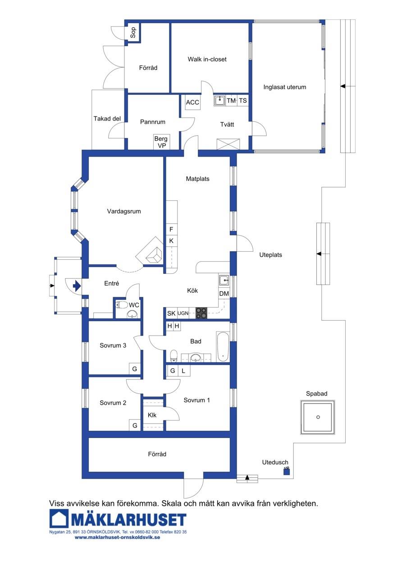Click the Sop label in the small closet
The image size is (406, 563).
pyautogui.click(x=133, y=32)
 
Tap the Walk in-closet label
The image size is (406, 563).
pyautogui.click(x=207, y=59)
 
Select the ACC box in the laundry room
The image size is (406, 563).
pyautogui.click(x=192, y=102)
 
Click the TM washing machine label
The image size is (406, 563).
pyautogui.click(x=231, y=101)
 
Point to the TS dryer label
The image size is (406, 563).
pyautogui.click(x=242, y=101)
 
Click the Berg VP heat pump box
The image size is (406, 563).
pyautogui.click(x=161, y=142)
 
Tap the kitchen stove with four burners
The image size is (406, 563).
pyautogui.click(x=201, y=313)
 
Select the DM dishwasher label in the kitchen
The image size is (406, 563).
pyautogui.click(x=224, y=294)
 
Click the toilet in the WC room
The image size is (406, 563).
pyautogui.click(x=122, y=305)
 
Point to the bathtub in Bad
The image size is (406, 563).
pyautogui.click(x=223, y=347)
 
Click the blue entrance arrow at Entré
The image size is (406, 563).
pyautogui.click(x=77, y=286)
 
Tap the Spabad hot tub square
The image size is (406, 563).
pyautogui.click(x=318, y=417)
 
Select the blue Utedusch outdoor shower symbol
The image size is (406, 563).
pyautogui.click(x=287, y=471)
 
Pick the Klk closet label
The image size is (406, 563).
pyautogui.click(x=152, y=415)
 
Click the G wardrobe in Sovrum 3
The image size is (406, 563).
pyautogui.click(x=135, y=369)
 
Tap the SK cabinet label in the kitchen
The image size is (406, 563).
pyautogui.click(x=171, y=314)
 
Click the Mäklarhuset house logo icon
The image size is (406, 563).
pyautogui.click(x=59, y=518)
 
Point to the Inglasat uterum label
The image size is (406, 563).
pyautogui.click(x=284, y=87)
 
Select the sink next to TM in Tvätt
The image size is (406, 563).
pyautogui.click(x=220, y=101)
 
